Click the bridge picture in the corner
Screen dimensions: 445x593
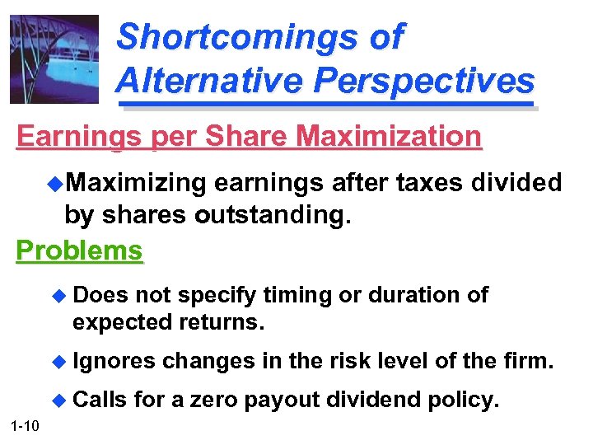click(54, 59)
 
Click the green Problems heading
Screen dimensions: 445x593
click(80, 250)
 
